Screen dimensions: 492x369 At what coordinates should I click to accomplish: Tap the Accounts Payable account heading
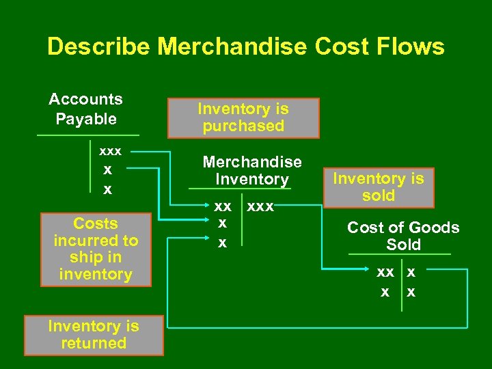[86, 109]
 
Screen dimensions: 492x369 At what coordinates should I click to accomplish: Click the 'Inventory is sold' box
[379, 187]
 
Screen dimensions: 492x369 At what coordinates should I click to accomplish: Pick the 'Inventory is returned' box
[94, 335]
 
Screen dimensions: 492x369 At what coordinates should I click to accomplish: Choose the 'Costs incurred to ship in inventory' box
[96, 249]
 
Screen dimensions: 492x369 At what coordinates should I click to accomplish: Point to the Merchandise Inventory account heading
[252, 171]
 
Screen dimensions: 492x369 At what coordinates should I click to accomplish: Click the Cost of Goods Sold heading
[403, 236]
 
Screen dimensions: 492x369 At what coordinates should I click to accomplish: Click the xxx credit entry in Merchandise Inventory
[260, 206]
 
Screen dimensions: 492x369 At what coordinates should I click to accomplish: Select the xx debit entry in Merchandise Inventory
[223, 206]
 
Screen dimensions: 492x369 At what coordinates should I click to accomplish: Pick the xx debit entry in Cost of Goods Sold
[385, 272]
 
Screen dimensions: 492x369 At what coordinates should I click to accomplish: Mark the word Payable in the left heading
[86, 119]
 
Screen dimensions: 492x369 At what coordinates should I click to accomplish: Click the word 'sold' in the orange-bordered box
[379, 196]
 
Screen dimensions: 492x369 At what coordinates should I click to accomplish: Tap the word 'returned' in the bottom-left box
[94, 344]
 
